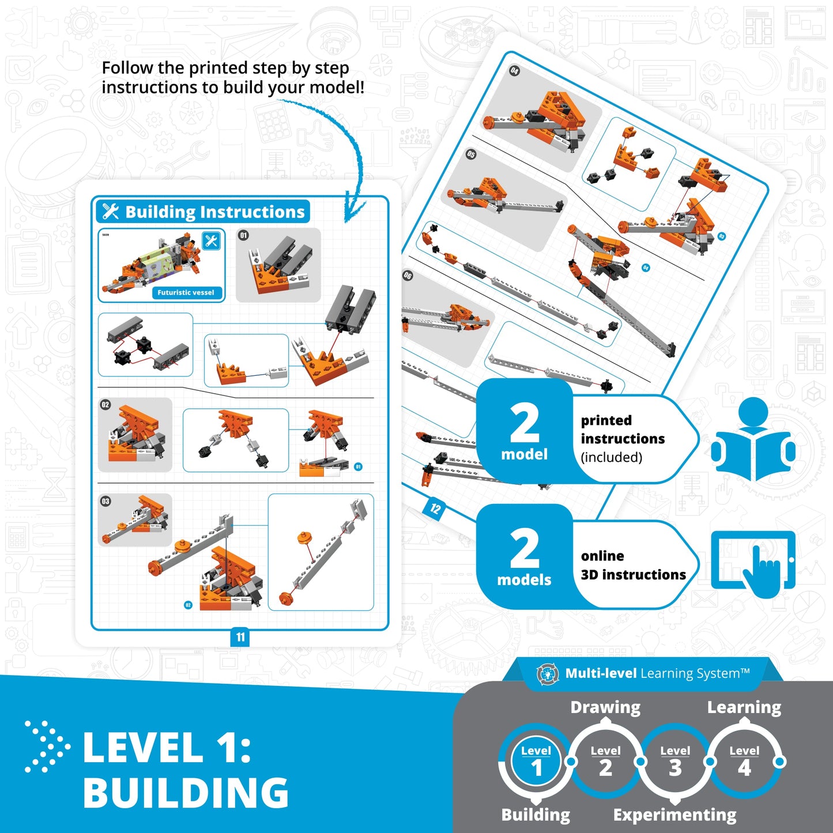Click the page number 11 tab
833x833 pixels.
click(240, 637)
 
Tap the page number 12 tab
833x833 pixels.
click(435, 508)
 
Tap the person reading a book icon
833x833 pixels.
click(753, 439)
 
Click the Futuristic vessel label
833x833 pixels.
click(186, 293)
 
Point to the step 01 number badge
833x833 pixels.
click(244, 235)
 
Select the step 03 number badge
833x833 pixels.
click(105, 501)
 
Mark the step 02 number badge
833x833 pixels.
click(105, 405)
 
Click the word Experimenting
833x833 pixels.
click(674, 815)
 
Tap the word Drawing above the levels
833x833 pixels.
click(605, 707)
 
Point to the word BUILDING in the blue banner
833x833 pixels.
click(186, 793)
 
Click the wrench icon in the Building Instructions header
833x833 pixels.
click(111, 212)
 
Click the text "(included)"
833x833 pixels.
click(611, 457)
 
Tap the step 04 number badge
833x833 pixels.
click(514, 70)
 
